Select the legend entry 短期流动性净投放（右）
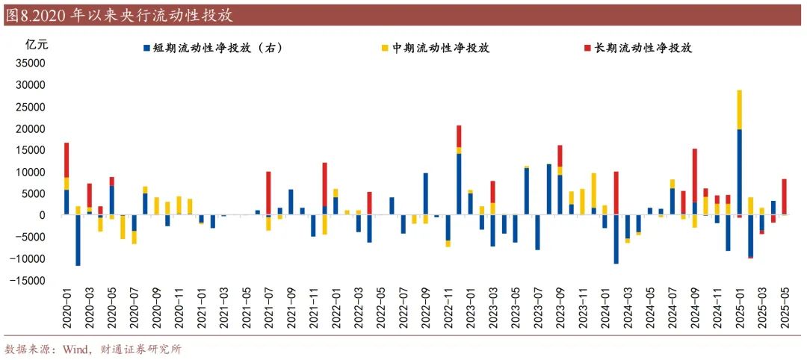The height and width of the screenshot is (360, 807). tap(216, 48)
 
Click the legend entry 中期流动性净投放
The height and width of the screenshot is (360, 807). tap(442, 48)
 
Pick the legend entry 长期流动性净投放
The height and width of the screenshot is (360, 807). tap(642, 48)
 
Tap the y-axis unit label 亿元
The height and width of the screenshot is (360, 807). tap(37, 44)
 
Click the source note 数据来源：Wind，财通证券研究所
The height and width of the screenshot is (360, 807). tap(93, 349)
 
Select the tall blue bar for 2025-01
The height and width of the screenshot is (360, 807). tap(739, 172)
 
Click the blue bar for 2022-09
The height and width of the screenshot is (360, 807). tap(425, 194)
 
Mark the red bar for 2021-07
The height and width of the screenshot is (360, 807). tap(268, 193)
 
